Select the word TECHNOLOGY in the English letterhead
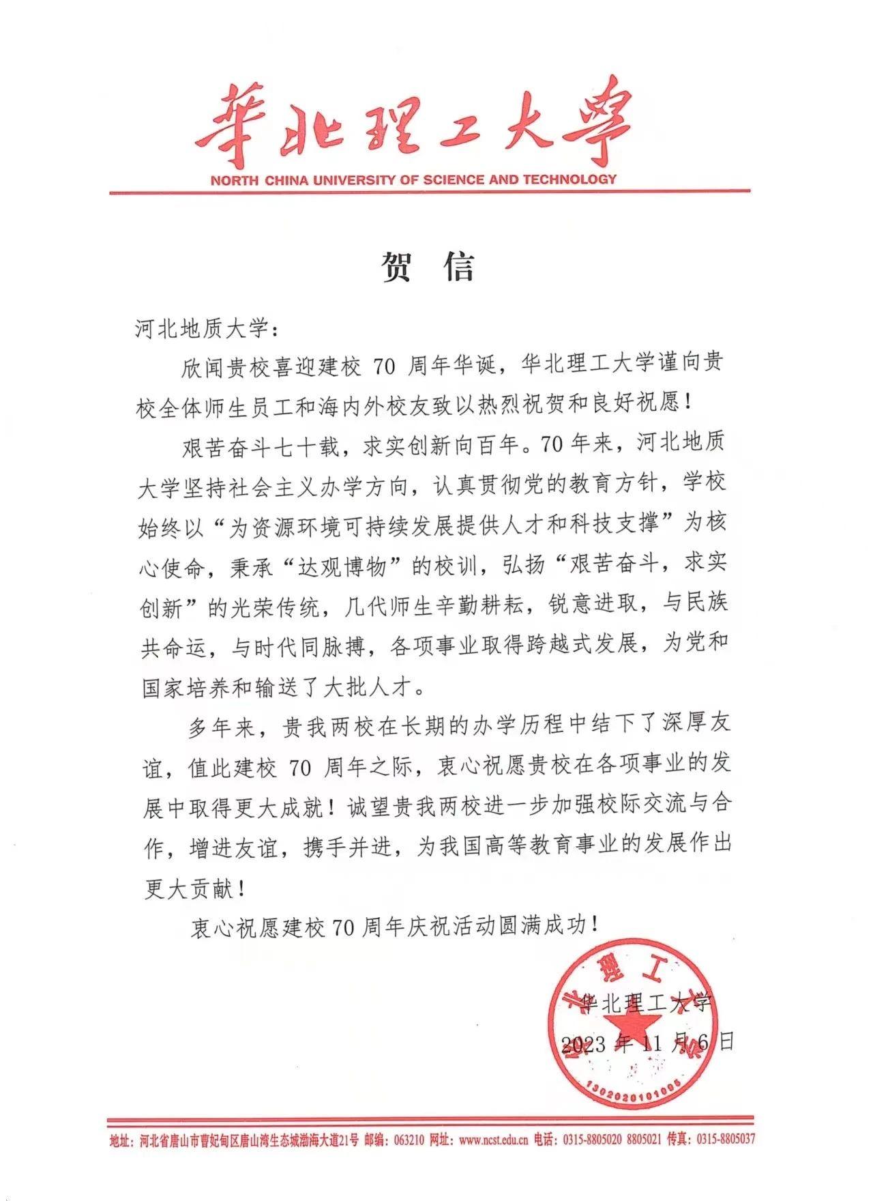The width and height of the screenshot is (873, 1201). (569, 179)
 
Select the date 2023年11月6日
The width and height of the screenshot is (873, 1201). (647, 1042)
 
